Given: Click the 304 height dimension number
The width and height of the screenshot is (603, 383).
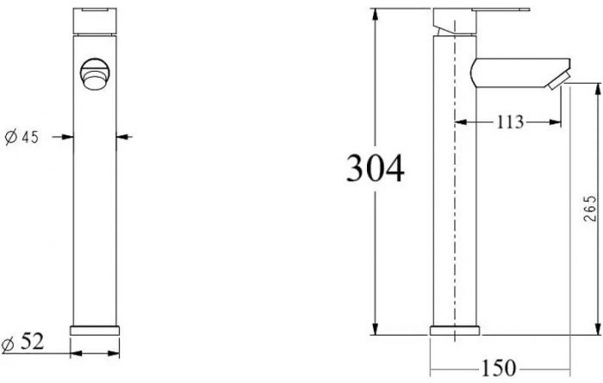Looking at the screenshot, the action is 375,168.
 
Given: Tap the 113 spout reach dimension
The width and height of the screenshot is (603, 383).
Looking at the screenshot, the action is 510,122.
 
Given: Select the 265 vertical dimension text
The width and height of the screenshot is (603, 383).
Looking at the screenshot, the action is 590,208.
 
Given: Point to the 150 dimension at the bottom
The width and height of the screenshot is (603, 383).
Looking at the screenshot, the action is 498,367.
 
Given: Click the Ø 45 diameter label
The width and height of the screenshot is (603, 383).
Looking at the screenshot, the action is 22,137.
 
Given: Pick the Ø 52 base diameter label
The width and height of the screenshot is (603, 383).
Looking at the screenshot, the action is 22,342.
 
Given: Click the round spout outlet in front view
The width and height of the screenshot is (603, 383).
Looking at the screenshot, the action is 95,74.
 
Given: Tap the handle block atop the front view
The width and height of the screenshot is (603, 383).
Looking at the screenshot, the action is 95,21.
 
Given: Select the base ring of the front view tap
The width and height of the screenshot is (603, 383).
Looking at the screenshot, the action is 95,330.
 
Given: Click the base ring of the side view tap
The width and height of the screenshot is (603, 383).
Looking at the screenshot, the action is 455,330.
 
